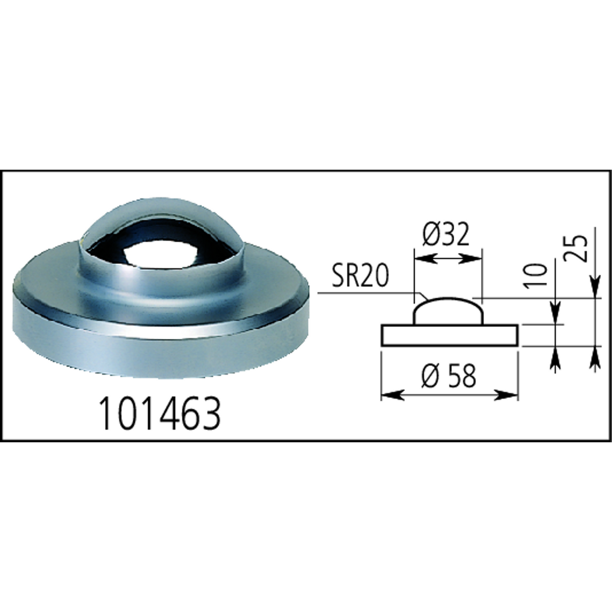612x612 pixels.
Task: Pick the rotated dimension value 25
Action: (x=579, y=248)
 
